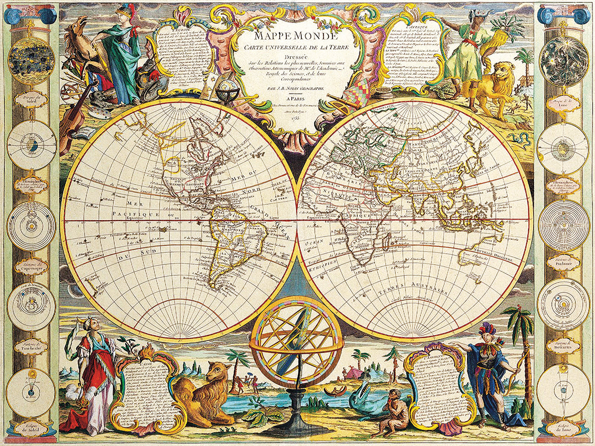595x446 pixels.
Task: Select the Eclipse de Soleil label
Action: click(x=31, y=428)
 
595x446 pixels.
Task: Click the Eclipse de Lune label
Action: click(x=563, y=428)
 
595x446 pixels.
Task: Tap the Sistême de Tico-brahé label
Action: click(x=31, y=346)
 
